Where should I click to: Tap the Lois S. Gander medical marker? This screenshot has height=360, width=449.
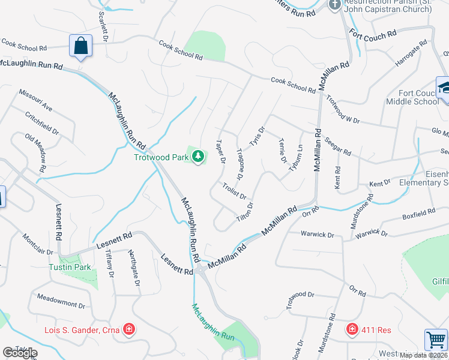click(128, 329)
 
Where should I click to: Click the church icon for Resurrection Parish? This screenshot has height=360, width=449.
click(335, 5)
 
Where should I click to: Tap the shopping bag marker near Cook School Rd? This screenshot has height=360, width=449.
click(80, 46)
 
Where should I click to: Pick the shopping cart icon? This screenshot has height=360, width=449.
click(435, 340)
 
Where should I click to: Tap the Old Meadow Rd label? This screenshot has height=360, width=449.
click(35, 153)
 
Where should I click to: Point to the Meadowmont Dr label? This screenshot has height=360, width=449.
click(61, 301)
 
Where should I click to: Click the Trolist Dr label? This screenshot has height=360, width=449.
click(234, 191)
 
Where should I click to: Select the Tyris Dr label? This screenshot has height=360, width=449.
click(258, 139)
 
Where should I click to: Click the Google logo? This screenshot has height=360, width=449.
click(20, 353)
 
